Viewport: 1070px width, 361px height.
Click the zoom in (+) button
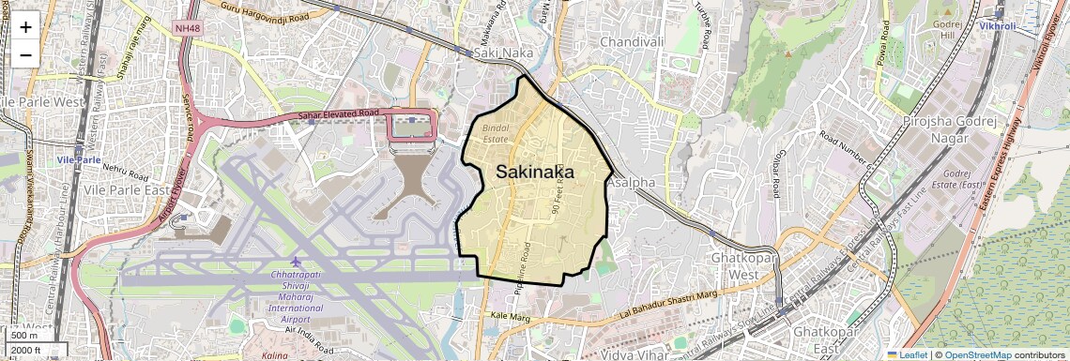(25, 26)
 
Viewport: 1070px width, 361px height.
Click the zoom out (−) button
(25, 54)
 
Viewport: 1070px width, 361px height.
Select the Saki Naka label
(503, 54)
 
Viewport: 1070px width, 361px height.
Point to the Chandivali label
(632, 42)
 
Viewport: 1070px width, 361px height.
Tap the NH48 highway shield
(188, 29)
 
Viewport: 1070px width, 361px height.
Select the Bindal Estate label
(495, 132)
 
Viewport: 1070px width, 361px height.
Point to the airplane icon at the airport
(297, 261)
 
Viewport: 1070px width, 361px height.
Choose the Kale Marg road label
(511, 317)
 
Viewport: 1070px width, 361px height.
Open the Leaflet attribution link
(907, 355)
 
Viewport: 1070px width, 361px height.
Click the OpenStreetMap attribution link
(977, 355)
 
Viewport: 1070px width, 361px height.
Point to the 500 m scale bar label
(24, 336)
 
